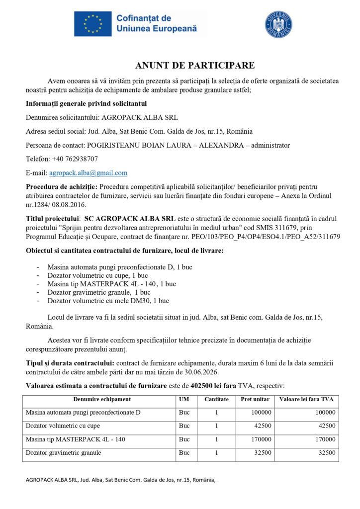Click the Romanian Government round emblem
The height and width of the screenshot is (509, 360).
[x=278, y=24]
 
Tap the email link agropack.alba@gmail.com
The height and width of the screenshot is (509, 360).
[x=88, y=173]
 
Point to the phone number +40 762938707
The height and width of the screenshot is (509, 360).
[x=73, y=159]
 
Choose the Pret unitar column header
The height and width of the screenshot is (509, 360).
[x=255, y=399]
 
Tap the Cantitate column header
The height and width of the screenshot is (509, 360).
[x=216, y=399]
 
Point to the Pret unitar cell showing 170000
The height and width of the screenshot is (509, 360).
[x=260, y=439]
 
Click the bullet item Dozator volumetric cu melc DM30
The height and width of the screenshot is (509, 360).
[x=108, y=301]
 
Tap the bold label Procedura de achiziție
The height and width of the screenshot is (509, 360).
[x=62, y=187]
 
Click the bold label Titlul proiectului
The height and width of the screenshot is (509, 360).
[x=53, y=218]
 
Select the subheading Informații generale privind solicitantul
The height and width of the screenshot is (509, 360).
[x=86, y=103]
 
